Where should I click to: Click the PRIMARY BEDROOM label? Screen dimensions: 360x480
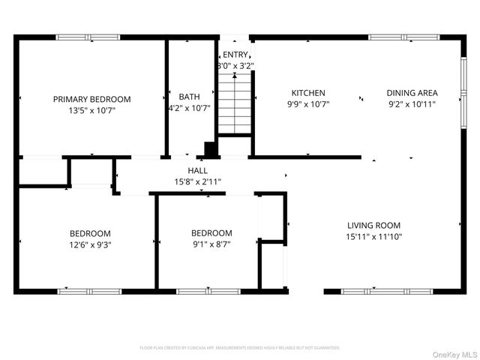91,99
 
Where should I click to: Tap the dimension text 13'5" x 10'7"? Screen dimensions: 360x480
91,110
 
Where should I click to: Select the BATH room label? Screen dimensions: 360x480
189,97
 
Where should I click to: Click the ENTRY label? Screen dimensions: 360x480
235,54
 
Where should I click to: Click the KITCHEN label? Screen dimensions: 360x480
308,93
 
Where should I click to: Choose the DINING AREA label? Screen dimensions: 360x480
412,93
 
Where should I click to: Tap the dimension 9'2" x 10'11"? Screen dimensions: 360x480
412,104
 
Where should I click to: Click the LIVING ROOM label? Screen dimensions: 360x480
373,225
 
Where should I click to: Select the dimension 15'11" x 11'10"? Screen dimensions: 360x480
373,237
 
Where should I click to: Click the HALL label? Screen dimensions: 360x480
198,171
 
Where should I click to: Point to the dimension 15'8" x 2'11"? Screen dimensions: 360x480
198,181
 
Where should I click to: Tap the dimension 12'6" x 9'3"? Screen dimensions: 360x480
90,244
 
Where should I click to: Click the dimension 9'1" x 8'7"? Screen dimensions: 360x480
211,244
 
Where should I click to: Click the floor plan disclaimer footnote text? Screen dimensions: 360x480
240,348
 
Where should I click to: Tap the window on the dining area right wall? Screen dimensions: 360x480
463,79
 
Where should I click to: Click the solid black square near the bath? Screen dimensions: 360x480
211,149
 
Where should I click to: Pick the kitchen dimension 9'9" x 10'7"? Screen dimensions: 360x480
308,104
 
